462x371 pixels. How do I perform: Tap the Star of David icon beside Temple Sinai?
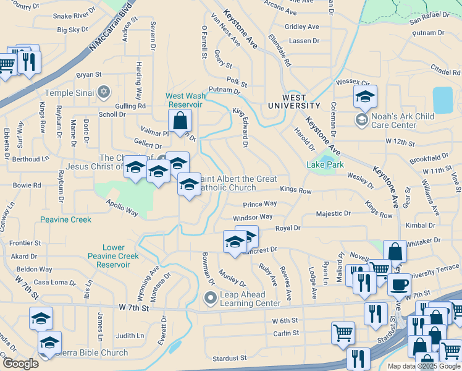103,92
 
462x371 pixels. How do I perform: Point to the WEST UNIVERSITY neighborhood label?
294,101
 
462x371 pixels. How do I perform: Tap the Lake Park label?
325,164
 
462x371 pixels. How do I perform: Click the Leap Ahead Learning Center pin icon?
211,299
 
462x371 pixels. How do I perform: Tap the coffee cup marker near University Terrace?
399,285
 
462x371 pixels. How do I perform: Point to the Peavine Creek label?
66,220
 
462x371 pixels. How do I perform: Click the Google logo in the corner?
20,363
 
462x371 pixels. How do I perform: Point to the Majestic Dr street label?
333,213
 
